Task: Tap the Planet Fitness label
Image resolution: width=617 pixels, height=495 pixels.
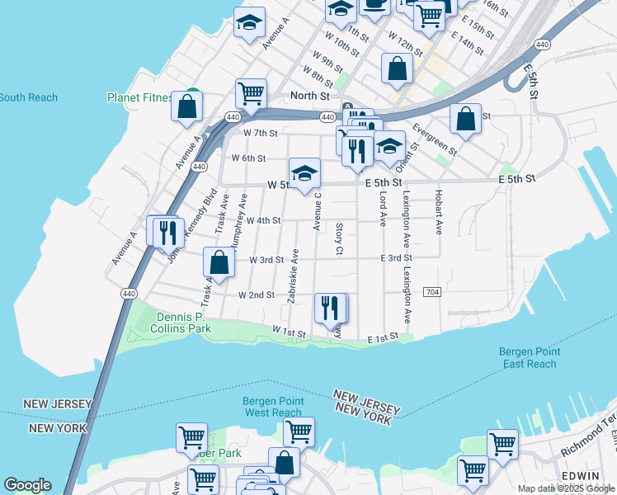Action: (x=140, y=97)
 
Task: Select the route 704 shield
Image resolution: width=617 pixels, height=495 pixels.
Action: (x=431, y=292)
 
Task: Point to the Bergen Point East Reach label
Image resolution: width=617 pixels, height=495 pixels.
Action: (x=528, y=358)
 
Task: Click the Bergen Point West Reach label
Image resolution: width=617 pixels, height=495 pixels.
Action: (x=273, y=407)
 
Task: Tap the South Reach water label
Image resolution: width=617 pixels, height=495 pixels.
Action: (x=29, y=97)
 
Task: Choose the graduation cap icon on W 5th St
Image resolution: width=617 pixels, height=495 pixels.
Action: (x=304, y=173)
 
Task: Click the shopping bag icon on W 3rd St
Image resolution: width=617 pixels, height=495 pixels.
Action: (x=219, y=262)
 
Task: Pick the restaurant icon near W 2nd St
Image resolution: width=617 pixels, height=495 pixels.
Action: (x=330, y=308)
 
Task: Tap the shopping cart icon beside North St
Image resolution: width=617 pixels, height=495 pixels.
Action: (x=251, y=93)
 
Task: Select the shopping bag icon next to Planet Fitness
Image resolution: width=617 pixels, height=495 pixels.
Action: (x=187, y=106)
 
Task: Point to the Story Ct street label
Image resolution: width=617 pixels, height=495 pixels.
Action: (x=339, y=238)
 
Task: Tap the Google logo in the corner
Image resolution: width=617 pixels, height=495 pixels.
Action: (x=26, y=485)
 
